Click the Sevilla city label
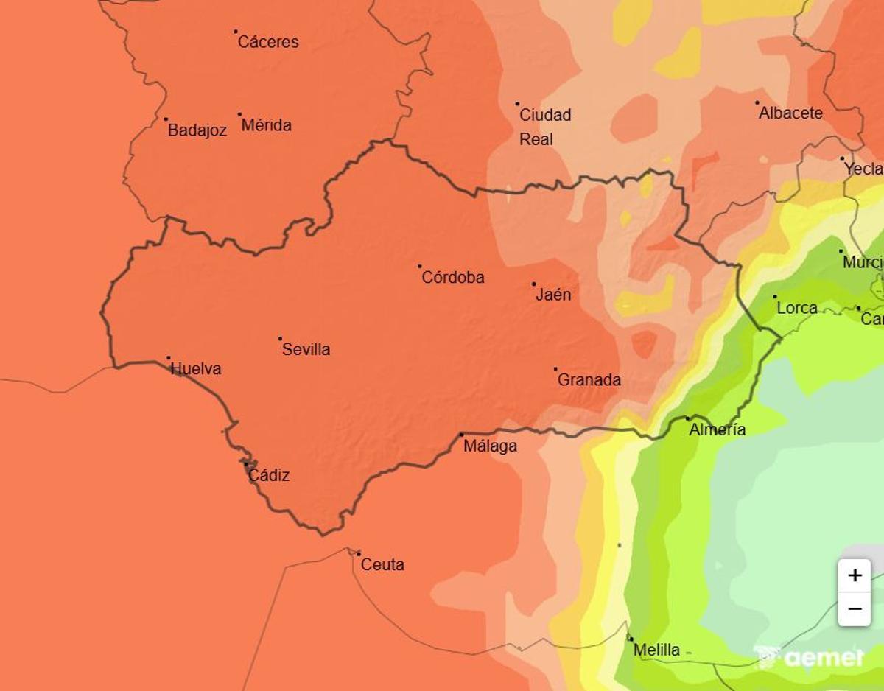pos(306,349)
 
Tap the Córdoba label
pos(453,278)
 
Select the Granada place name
pos(589,380)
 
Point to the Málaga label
pos(490,446)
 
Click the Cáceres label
pos(268,42)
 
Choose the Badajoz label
pos(197,131)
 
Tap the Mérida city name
pos(267,125)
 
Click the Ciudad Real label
pos(545,127)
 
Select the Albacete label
pos(790,113)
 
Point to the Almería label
pos(717,429)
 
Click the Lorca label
pos(797,308)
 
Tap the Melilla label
pos(656,650)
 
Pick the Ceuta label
pos(382,565)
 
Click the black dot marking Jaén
pos(534,284)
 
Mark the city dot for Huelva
pos(169,358)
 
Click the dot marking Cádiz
pos(246,464)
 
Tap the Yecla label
pos(863,169)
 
